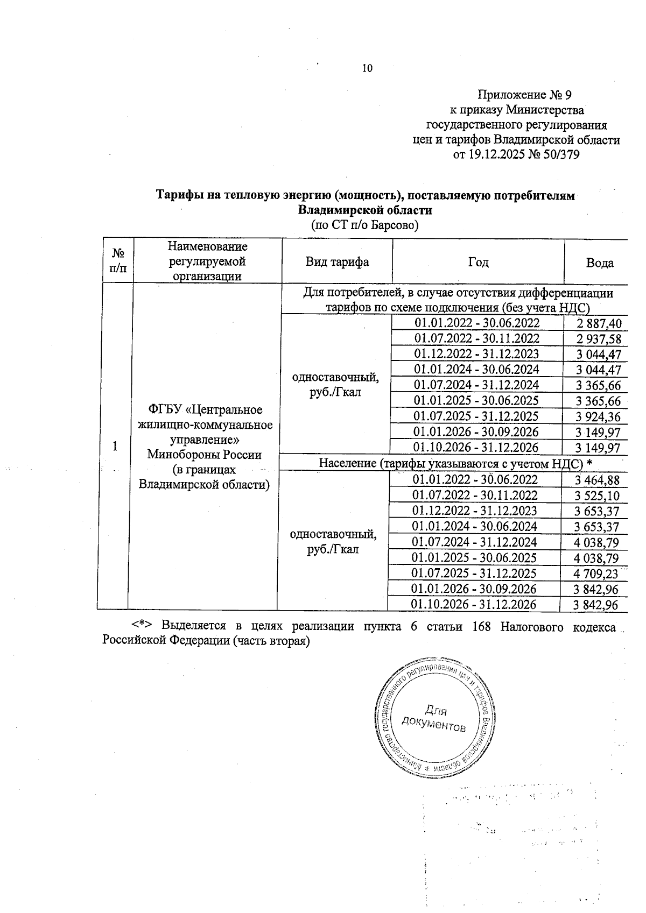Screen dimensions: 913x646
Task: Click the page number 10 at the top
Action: coord(367,68)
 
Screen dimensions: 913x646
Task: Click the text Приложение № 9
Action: coord(524,95)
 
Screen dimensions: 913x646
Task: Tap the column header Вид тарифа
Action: coord(337,262)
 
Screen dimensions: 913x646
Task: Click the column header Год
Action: coord(478,262)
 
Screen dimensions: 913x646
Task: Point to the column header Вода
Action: coord(600,263)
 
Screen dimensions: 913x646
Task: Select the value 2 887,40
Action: coord(598,323)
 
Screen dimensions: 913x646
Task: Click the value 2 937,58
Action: coord(598,339)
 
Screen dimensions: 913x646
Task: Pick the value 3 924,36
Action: coord(598,417)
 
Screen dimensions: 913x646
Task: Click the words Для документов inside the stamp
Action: coord(434,719)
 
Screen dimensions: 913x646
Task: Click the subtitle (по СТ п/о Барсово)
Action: coord(365,225)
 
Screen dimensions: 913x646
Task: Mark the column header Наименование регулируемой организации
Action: coord(207,261)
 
